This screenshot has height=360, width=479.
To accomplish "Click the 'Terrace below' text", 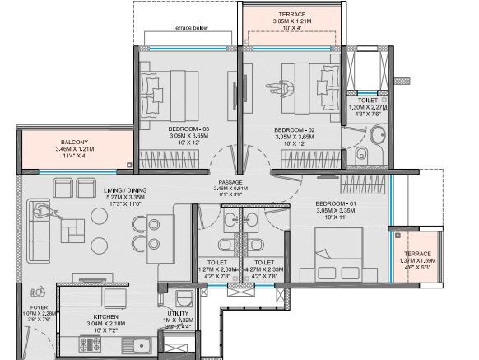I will [x=188, y=27].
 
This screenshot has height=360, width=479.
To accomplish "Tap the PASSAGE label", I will [x=230, y=183].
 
